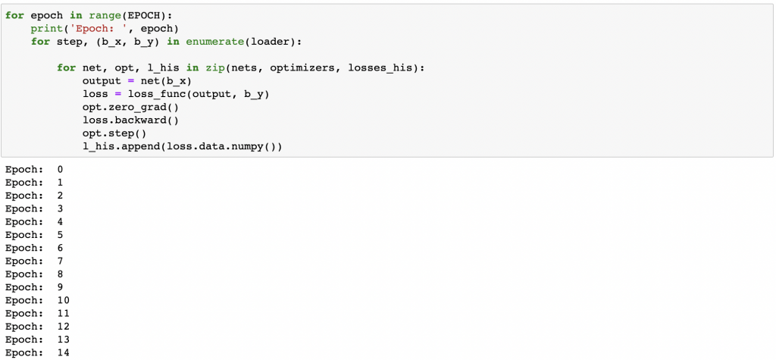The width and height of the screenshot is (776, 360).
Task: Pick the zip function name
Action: pyautogui.click(x=214, y=67)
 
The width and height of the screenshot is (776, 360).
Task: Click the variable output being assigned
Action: pyautogui.click(x=102, y=80)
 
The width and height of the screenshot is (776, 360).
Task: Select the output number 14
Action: pyautogui.click(x=63, y=353)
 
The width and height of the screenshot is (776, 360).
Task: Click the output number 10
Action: pyautogui.click(x=63, y=301)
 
